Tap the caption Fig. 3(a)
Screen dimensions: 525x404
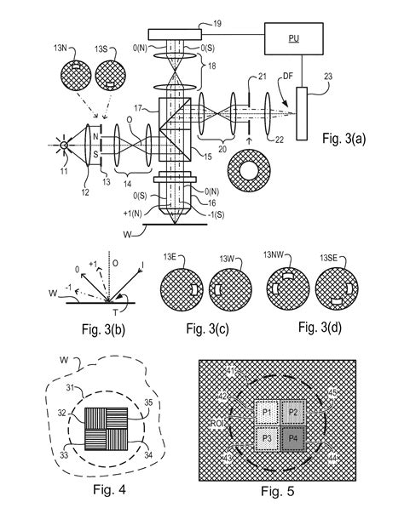349,139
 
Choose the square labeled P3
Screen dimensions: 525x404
268,439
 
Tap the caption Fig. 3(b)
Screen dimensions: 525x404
81,328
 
